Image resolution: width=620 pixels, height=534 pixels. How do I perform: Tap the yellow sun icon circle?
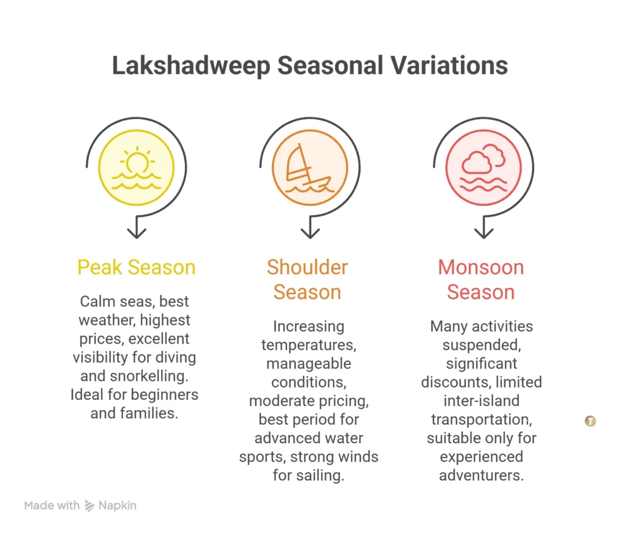[x=136, y=167]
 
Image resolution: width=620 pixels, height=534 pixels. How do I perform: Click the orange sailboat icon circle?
[x=309, y=167]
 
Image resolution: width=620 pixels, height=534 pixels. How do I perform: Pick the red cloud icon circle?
[x=483, y=167]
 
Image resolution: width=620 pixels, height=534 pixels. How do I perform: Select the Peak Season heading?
[x=136, y=267]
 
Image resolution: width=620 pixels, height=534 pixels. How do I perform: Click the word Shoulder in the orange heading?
[x=307, y=267]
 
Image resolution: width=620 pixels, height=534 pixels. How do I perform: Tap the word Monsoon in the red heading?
[x=481, y=267]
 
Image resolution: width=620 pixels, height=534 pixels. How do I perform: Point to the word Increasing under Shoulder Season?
[x=308, y=326]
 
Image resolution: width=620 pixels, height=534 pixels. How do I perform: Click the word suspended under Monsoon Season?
[x=480, y=345]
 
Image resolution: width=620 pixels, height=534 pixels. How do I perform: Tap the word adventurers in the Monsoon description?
[x=481, y=475]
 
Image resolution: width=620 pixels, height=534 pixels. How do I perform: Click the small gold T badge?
[x=590, y=421]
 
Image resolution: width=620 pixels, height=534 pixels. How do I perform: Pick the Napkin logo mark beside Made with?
[x=90, y=506]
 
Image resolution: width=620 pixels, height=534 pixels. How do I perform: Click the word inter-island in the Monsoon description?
[x=481, y=401]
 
